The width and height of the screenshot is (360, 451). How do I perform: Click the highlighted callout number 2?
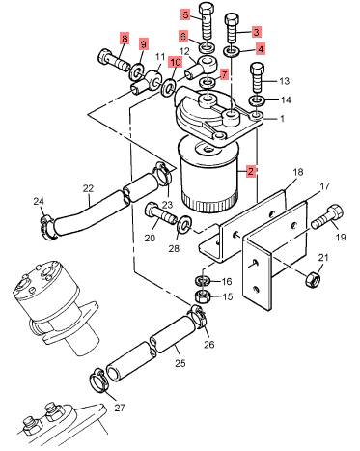click(250, 171)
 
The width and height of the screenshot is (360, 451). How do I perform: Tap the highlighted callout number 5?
click(186, 14)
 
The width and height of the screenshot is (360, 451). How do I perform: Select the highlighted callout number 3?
click(256, 32)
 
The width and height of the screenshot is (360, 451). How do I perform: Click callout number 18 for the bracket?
click(298, 172)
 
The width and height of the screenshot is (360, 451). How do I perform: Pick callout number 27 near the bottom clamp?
click(120, 408)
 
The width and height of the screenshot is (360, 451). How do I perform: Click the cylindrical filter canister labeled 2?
click(208, 175)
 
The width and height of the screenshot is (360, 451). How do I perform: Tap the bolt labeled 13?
click(258, 77)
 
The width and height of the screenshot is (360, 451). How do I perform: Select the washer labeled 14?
click(257, 100)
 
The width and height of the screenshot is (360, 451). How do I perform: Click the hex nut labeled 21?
click(313, 278)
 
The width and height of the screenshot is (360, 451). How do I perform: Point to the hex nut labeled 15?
click(203, 296)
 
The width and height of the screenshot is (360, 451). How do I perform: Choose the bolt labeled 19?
click(328, 217)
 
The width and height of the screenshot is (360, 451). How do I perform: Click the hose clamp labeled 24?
click(48, 227)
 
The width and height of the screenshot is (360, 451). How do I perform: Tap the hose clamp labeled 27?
click(98, 381)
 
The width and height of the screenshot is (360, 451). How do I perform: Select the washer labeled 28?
click(184, 224)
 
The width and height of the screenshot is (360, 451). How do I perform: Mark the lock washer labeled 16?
click(203, 280)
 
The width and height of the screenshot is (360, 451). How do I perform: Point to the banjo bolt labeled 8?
click(114, 61)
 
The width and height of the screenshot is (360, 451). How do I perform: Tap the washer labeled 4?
click(232, 51)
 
